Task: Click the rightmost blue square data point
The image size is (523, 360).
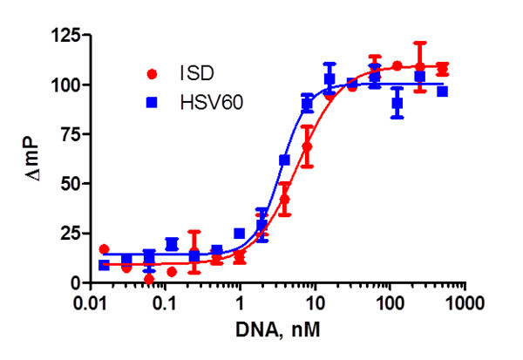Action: [x=442, y=92]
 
